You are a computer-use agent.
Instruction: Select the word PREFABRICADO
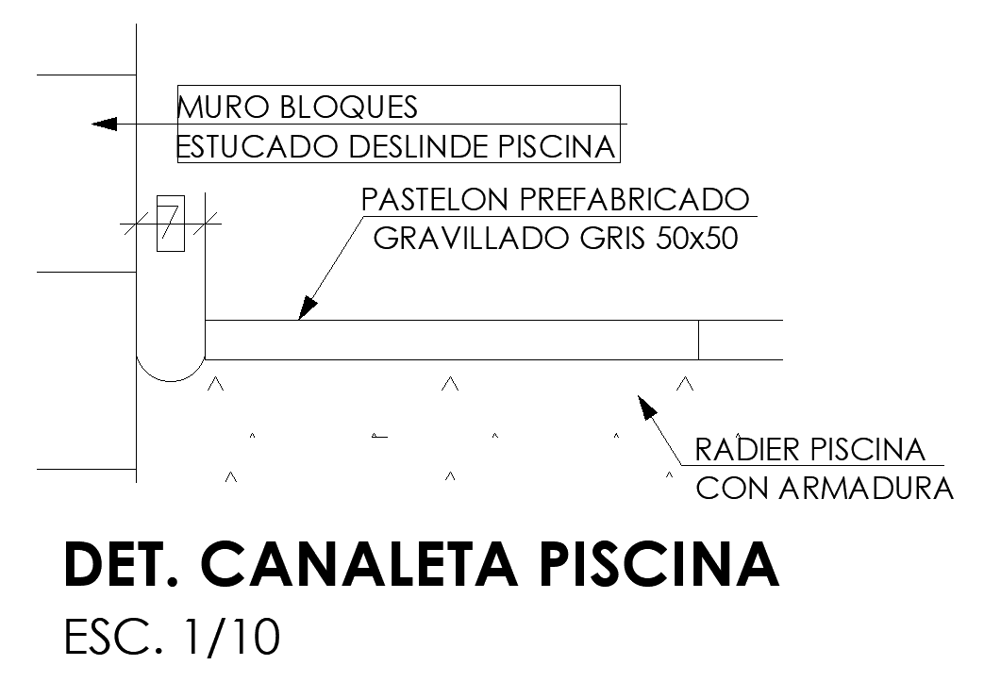point(628,200)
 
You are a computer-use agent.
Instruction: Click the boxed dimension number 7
point(170,224)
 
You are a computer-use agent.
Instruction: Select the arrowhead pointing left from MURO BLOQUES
point(104,124)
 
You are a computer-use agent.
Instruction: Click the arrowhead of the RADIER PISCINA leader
point(646,407)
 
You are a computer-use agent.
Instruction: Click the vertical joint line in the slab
point(698,340)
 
